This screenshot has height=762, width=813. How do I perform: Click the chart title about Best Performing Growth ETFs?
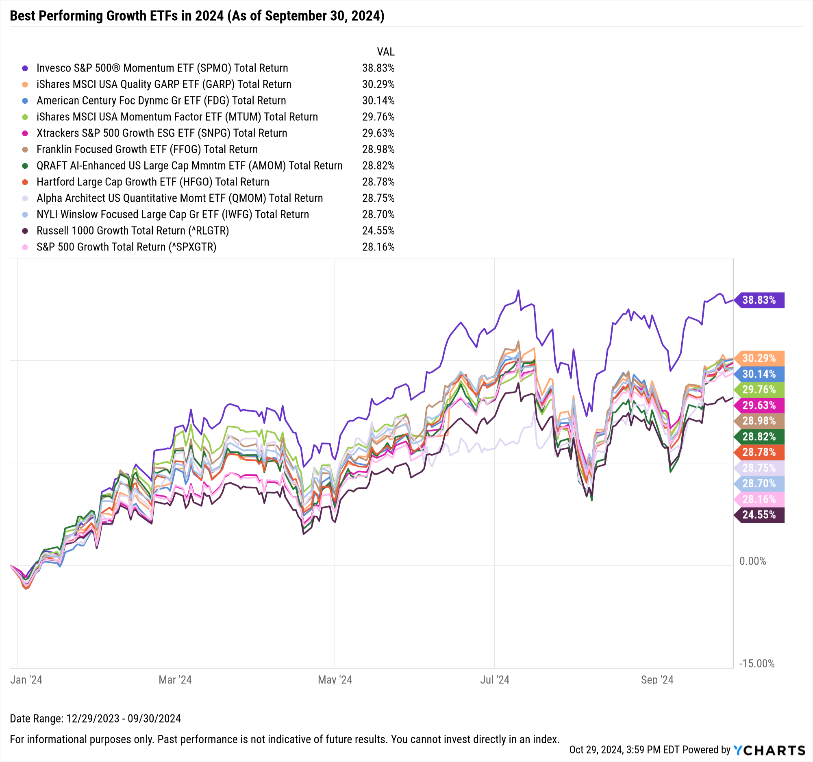(x=197, y=16)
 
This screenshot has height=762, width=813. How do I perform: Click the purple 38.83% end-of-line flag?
(x=759, y=300)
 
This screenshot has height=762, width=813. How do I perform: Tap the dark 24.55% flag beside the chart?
(x=759, y=515)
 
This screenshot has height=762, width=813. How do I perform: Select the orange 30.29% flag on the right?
(x=759, y=358)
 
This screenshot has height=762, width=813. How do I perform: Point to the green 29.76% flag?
(x=759, y=390)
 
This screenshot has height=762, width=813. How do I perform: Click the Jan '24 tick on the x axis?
(x=26, y=680)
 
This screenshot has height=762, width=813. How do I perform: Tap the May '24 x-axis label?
(x=335, y=680)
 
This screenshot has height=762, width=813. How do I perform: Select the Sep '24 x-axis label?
(x=657, y=680)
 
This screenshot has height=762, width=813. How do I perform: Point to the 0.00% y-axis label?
(x=753, y=561)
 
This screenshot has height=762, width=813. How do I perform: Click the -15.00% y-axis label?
(x=757, y=664)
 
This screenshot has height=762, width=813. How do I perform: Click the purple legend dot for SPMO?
(x=25, y=68)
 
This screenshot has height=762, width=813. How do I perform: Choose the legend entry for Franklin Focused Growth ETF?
(x=147, y=150)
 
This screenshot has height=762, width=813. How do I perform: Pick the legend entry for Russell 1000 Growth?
(x=133, y=231)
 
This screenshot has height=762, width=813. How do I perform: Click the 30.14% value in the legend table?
(x=378, y=100)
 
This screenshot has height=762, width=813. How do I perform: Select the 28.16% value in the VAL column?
(x=378, y=247)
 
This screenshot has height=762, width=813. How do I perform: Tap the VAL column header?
(x=386, y=52)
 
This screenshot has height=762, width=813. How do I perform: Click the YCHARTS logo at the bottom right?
(x=769, y=750)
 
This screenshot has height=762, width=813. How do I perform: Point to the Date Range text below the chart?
(x=95, y=718)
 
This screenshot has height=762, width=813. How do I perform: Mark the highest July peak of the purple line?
(x=519, y=290)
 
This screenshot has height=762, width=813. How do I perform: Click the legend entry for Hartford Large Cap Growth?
(x=152, y=182)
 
